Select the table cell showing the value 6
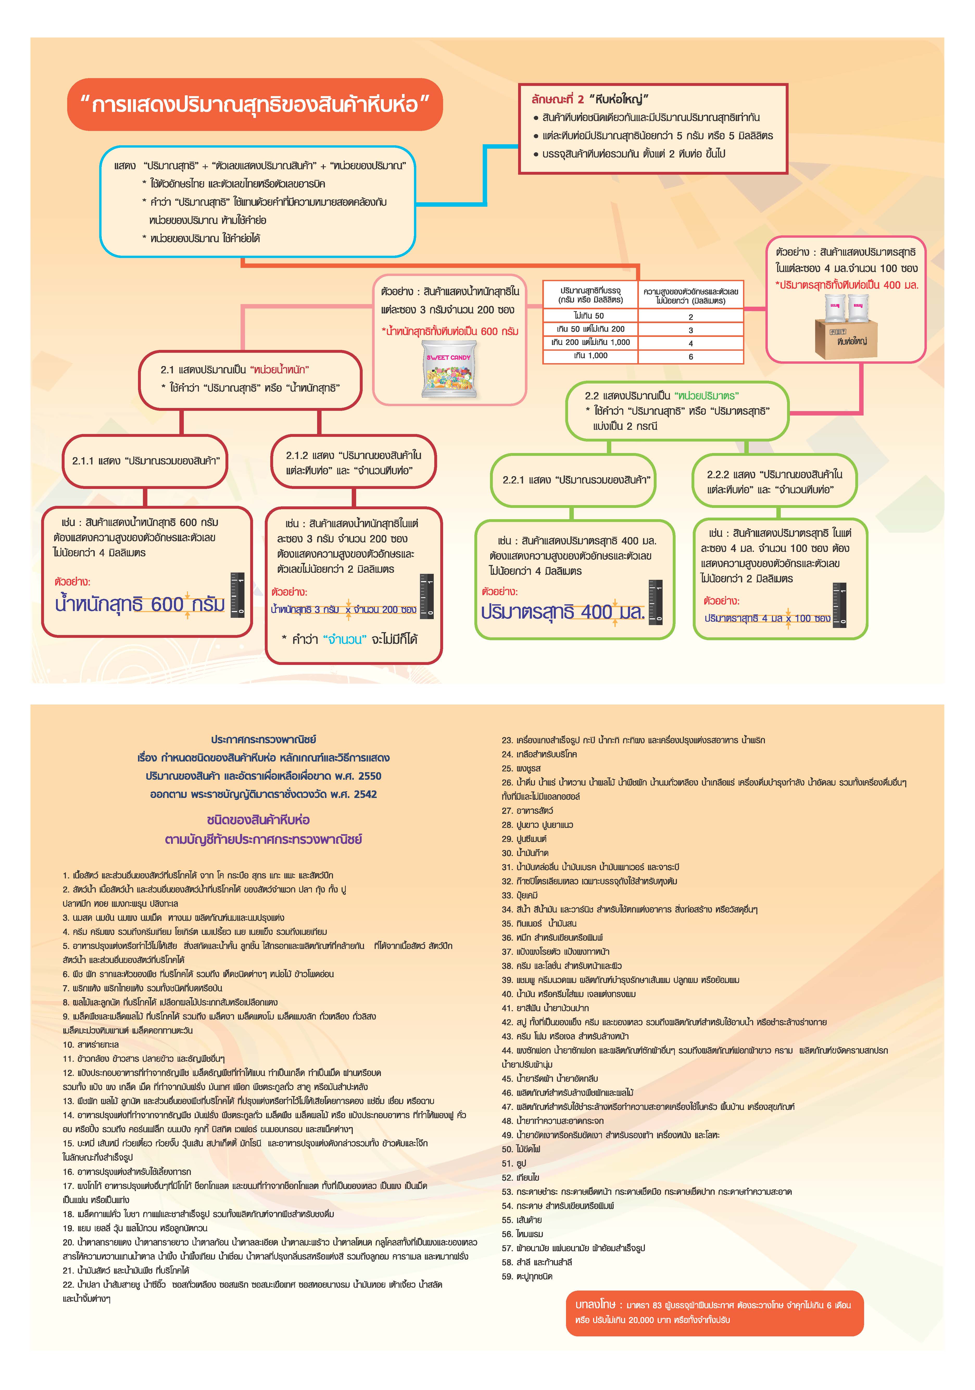pos(690,357)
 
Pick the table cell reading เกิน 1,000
pos(590,356)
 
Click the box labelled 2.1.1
pos(145,461)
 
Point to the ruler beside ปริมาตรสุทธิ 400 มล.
pos(656,601)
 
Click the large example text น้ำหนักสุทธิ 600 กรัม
pos(139,604)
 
